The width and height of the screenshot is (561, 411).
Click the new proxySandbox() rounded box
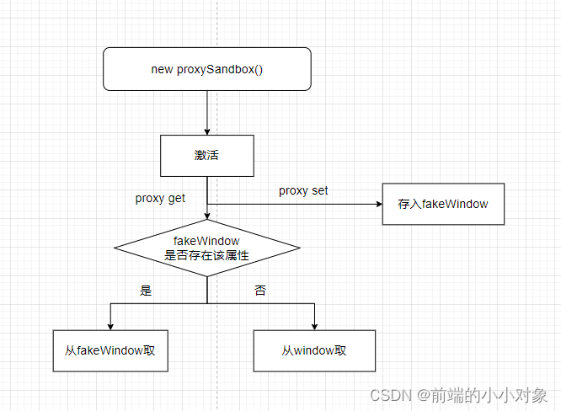pyautogui.click(x=206, y=69)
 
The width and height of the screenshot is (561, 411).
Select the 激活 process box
pyautogui.click(x=206, y=156)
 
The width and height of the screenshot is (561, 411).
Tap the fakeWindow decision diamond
pyautogui.click(x=206, y=248)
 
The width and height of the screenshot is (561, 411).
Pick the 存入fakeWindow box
pyautogui.click(x=443, y=204)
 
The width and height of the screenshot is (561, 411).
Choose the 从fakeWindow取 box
pyautogui.click(x=110, y=350)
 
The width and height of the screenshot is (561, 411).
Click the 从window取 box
pyautogui.click(x=314, y=350)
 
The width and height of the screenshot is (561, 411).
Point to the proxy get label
pyautogui.click(x=160, y=199)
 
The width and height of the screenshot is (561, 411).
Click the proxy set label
pyautogui.click(x=303, y=190)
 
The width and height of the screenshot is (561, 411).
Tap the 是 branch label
pyautogui.click(x=146, y=291)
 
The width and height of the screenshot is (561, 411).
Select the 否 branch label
pyautogui.click(x=260, y=291)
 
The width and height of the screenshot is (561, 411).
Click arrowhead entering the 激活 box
pyautogui.click(x=206, y=131)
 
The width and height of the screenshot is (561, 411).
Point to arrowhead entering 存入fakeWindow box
pyautogui.click(x=377, y=204)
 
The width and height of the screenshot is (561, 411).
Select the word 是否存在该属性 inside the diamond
pyautogui.click(x=206, y=254)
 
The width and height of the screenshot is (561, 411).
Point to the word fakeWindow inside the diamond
pyautogui.click(x=206, y=241)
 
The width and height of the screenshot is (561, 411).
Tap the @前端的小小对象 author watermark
pyautogui.click(x=489, y=394)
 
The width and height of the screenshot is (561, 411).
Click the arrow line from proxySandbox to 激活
pyautogui.click(x=206, y=109)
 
